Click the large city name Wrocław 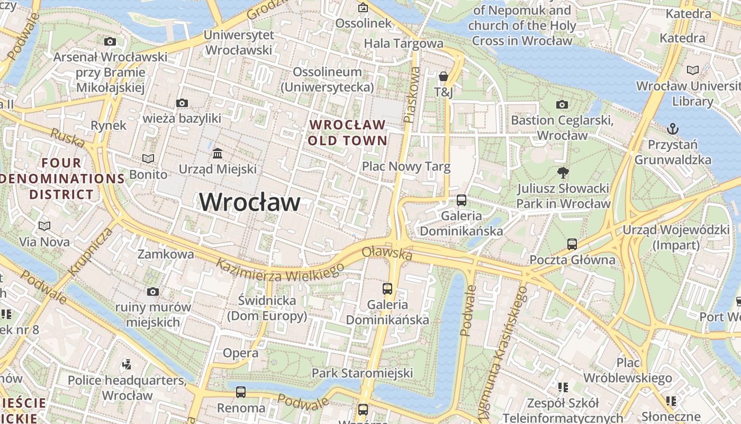(249, 202)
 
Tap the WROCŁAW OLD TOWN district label (348, 132)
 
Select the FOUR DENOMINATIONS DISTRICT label (61, 179)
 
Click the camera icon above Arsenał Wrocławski (110, 41)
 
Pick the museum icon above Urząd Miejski (217, 154)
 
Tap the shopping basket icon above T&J (444, 77)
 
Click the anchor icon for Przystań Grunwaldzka (672, 128)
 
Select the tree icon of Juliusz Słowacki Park (563, 172)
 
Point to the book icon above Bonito (148, 158)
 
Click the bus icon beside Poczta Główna (572, 244)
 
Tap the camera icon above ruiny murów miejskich (153, 291)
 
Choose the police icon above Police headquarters (126, 364)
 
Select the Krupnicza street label (91, 251)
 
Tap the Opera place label (240, 353)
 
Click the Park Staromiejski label (362, 373)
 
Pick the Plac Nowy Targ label (406, 166)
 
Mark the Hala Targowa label (403, 43)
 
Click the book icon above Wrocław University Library (692, 70)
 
